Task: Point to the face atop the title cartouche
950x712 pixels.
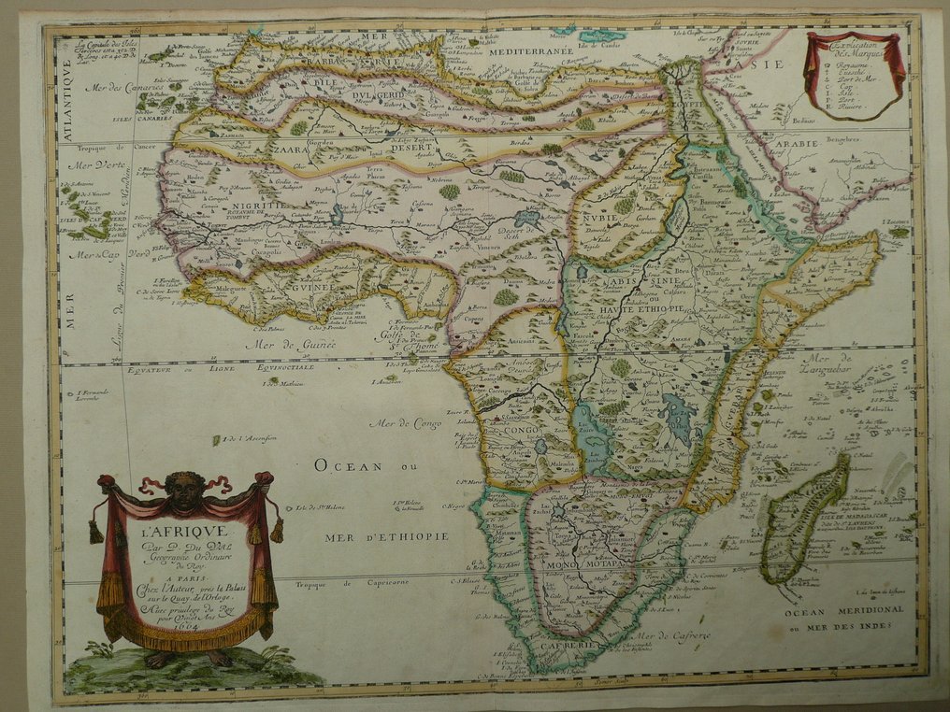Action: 185,491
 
